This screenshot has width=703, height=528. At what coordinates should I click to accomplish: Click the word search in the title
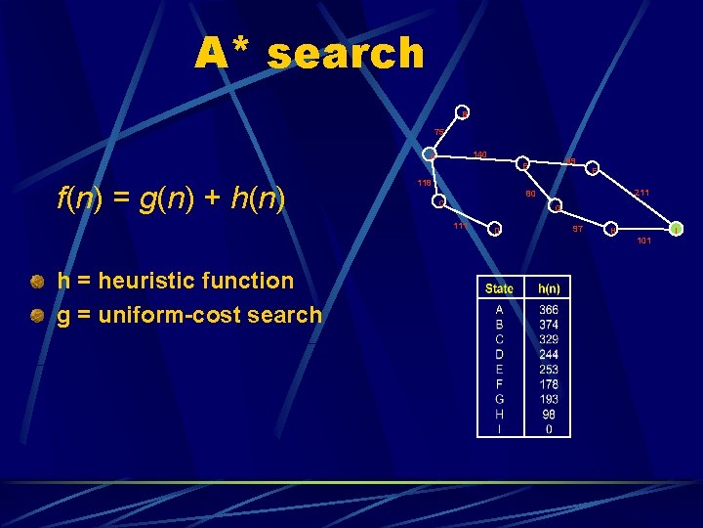coord(346,54)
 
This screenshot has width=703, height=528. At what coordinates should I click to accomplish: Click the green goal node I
coord(676,229)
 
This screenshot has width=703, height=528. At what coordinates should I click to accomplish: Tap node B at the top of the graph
coord(465,113)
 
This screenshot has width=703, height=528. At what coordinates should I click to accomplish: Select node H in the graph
coord(612,229)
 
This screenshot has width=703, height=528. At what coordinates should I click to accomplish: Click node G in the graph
coord(557,206)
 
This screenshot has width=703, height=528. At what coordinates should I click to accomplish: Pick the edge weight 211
coord(641,193)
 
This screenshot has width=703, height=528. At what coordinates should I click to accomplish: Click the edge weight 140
coord(479,154)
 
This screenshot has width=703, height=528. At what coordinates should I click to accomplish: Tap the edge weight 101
coord(642,240)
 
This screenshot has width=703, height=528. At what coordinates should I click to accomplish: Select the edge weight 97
coord(578,228)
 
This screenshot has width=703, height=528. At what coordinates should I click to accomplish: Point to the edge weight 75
coord(439,132)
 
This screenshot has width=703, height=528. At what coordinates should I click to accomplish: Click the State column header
coord(500,288)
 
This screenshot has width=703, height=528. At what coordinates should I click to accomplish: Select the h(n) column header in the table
coord(549,288)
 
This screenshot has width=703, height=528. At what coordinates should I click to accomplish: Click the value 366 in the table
coord(549,310)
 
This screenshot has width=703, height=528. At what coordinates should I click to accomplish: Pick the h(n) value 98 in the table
coord(549,414)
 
